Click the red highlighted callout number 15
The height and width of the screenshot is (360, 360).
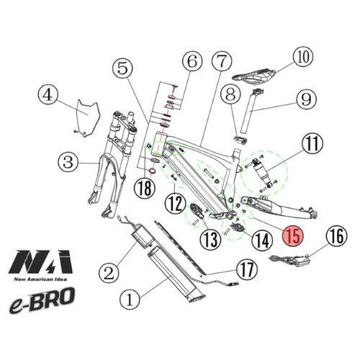[292, 235]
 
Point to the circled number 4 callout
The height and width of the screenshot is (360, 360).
[47, 96]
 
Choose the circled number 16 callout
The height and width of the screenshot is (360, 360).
[337, 235]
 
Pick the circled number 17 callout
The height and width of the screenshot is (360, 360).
[247, 271]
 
